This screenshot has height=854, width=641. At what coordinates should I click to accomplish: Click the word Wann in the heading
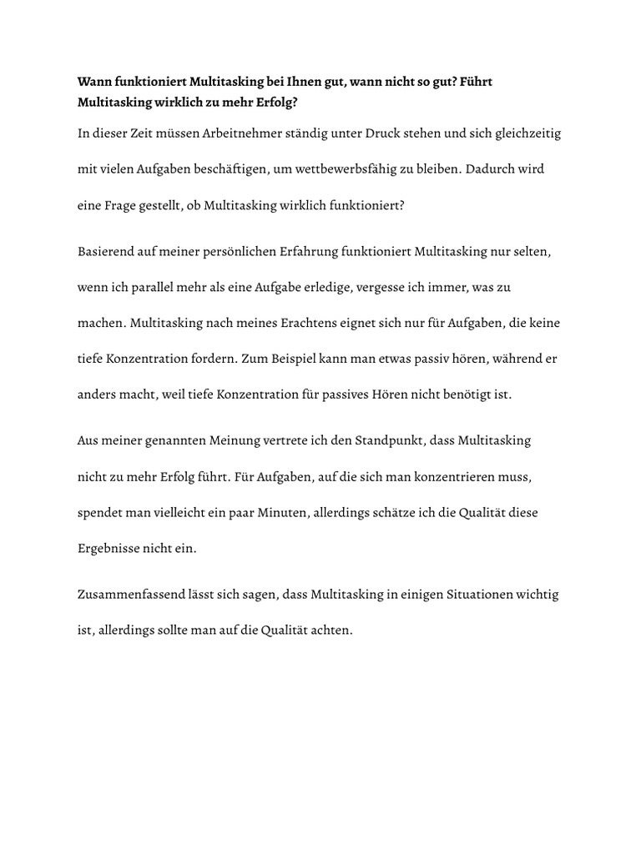(94, 83)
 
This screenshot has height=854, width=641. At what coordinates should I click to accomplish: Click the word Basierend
(107, 251)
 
